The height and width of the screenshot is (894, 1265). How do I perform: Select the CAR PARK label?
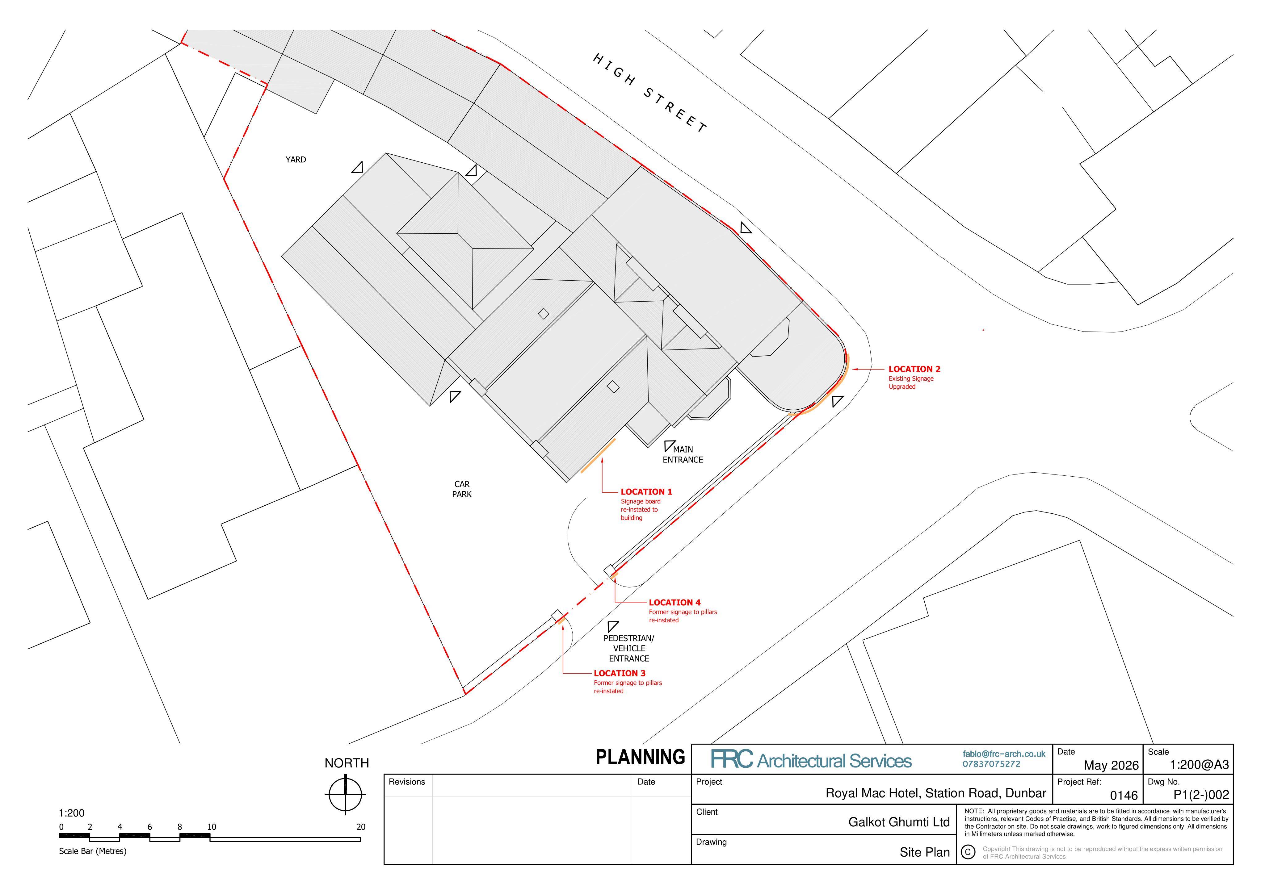pos(462,489)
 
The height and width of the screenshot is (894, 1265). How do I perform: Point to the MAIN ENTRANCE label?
pos(683,454)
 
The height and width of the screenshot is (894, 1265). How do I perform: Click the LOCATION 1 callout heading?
pos(646,492)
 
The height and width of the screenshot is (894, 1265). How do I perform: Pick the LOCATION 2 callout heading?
pos(914,369)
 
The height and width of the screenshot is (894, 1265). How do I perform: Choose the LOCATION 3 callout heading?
pos(619,673)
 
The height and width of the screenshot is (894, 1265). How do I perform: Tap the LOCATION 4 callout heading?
pos(675,603)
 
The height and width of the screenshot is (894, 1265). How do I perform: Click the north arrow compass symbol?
pos(346,794)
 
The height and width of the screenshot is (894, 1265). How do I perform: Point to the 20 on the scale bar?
pos(361,827)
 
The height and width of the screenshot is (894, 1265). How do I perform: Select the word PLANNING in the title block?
pos(640,757)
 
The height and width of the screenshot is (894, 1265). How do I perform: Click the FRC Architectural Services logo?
pos(811,760)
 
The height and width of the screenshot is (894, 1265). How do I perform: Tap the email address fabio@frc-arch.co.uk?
pos(1004,754)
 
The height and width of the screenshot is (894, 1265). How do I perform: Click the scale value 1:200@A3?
pos(1199,765)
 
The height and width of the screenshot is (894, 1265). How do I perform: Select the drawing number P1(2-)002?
pos(1201,795)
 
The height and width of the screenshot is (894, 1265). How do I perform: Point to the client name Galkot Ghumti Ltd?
pos(899,822)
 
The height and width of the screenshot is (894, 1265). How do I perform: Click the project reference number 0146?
pos(1124,796)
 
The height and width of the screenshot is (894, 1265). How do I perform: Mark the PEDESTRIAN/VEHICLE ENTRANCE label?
pos(629,648)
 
